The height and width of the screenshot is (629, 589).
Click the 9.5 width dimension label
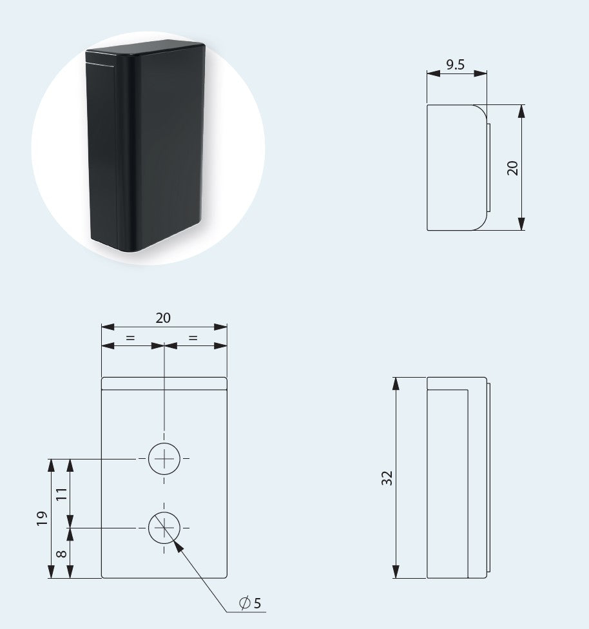click(x=456, y=64)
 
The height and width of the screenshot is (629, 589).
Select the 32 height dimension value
click(x=387, y=478)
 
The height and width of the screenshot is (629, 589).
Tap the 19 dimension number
click(x=42, y=518)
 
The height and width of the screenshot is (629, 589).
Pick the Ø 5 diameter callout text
click(x=250, y=603)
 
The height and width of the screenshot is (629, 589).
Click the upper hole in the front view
click(x=165, y=459)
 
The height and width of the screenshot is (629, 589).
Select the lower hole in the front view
click(x=165, y=528)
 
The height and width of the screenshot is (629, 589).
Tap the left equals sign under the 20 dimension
click(x=131, y=337)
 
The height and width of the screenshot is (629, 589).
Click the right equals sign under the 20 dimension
click(x=193, y=337)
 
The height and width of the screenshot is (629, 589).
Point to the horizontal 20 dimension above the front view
click(x=164, y=318)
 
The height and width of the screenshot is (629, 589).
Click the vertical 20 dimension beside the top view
click(x=513, y=168)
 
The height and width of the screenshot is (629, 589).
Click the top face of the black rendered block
click(x=145, y=51)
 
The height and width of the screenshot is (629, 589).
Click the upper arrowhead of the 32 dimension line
click(x=396, y=384)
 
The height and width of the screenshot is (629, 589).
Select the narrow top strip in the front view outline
click(x=164, y=383)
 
